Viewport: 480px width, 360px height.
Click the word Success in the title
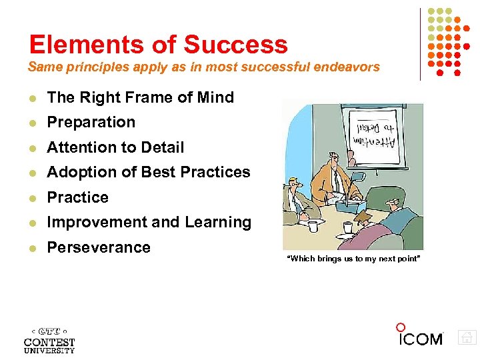235,45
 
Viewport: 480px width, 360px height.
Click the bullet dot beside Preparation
32,123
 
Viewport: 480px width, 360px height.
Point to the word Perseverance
99,247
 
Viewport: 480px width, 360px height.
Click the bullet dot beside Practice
32,198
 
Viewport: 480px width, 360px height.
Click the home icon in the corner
467,337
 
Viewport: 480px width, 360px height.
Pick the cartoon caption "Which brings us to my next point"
353,259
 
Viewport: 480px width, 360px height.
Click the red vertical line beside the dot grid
421,44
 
